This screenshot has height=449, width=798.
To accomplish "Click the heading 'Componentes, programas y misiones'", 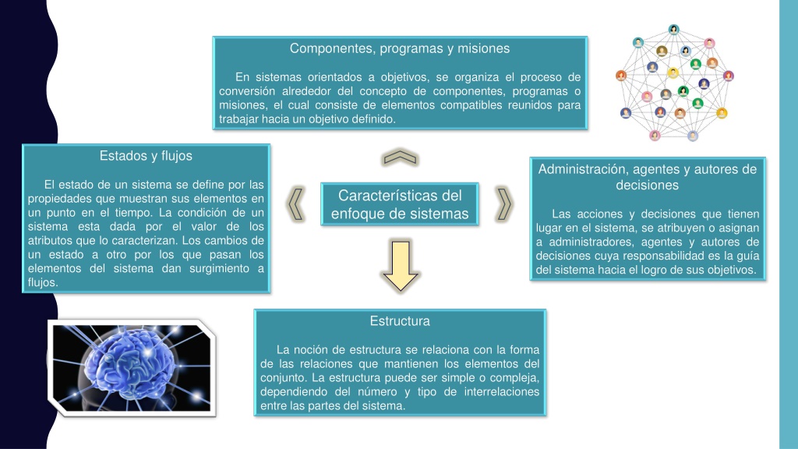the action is coord(400,48).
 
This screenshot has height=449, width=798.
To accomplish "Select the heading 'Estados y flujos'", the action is coord(146,156).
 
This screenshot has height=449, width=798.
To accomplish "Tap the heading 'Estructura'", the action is coord(400,320).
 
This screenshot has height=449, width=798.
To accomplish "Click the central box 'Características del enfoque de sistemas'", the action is coord(400,204).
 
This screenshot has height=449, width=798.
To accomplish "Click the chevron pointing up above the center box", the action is coord(400,157).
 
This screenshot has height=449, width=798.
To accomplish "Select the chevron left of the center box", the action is coord(296,204).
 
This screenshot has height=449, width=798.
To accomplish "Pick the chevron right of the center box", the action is coord(504,204).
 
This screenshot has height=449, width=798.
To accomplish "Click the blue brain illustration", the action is coord(132,368).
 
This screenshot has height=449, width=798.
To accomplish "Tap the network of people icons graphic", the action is coord(674,83).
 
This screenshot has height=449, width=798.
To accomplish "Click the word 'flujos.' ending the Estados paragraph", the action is coord(43,282).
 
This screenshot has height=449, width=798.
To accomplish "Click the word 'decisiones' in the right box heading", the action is coord(647,185).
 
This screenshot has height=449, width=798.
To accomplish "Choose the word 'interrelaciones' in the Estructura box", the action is coord(501,391).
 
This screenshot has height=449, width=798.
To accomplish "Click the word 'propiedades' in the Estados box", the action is coord(56,199).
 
